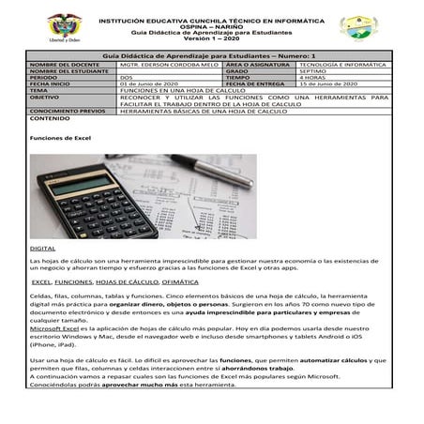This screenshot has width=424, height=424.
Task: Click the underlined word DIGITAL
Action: click(42, 248)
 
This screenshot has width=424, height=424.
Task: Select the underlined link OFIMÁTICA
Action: click(180, 281)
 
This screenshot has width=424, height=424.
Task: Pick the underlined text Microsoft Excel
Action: click(55, 332)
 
